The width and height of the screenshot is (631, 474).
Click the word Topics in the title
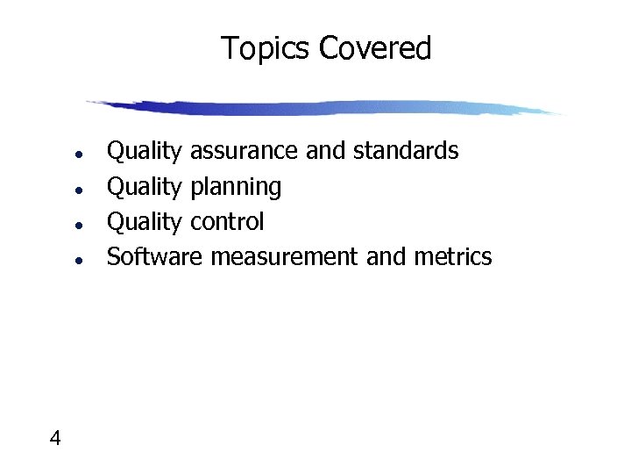tap(266, 48)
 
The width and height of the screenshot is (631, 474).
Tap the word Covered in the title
tap(375, 48)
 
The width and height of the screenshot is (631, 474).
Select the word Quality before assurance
tap(144, 152)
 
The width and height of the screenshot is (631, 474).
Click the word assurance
tap(244, 151)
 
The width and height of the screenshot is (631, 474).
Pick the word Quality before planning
tap(144, 187)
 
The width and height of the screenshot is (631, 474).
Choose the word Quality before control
tap(144, 222)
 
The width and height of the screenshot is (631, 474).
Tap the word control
tap(226, 222)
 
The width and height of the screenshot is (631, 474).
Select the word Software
tap(154, 257)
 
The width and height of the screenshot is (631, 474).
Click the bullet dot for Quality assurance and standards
tap(79, 154)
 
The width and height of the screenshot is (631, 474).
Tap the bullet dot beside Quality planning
tap(79, 189)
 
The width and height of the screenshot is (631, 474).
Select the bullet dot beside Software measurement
tap(79, 260)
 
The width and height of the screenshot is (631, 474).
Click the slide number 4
tap(55, 438)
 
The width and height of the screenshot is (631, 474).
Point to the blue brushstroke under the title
tap(324, 108)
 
